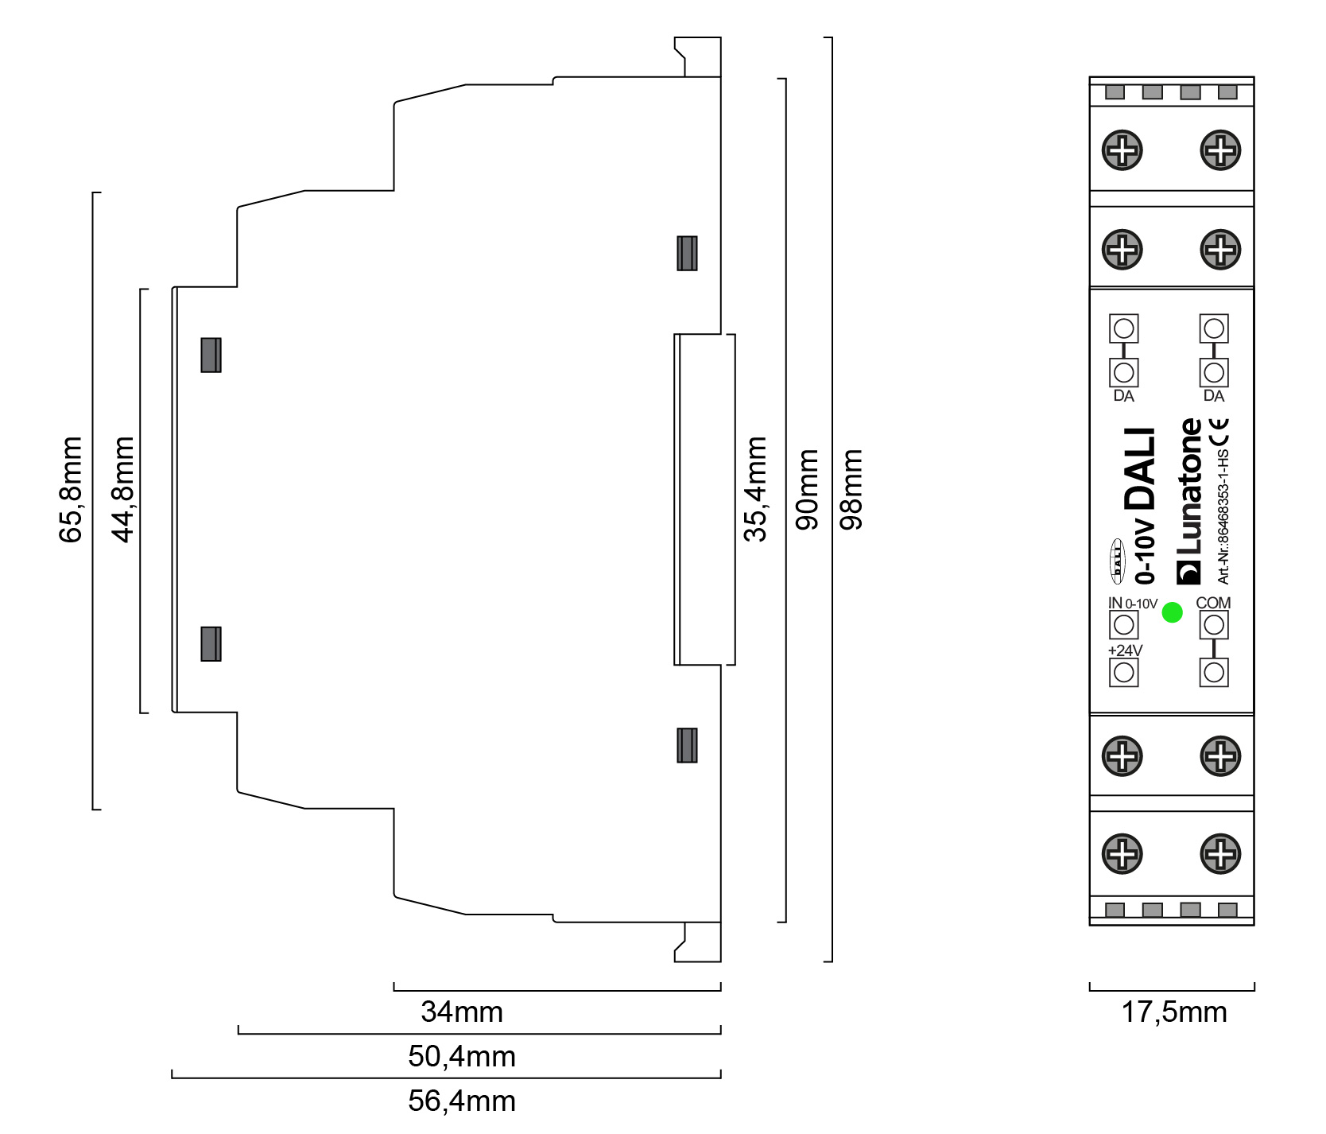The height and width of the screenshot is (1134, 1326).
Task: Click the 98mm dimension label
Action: tap(851, 489)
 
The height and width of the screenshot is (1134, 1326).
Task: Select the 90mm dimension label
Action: tap(807, 489)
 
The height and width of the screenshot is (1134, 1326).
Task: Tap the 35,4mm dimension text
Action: tap(755, 489)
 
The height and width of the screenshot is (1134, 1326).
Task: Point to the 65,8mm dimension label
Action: tap(71, 490)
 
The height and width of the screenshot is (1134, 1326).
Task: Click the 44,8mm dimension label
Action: tap(124, 490)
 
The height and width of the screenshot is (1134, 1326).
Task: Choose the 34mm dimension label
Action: tap(462, 1012)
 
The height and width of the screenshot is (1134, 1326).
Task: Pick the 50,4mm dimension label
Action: tap(462, 1057)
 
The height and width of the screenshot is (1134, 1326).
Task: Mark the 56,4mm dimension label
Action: tap(462, 1101)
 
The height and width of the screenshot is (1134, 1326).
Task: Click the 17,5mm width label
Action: tap(1174, 1012)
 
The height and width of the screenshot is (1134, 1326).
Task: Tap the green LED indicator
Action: tap(1173, 612)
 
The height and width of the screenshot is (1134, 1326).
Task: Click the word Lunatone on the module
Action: tap(1190, 486)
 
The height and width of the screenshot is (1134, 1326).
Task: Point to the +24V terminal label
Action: tap(1125, 650)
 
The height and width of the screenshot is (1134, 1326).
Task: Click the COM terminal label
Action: tap(1213, 603)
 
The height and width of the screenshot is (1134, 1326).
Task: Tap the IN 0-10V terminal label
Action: tap(1133, 604)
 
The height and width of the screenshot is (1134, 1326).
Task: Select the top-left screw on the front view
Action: tap(1122, 150)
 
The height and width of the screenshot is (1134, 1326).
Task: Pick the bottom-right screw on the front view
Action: tap(1221, 854)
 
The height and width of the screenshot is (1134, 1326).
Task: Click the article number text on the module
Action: tap(1223, 517)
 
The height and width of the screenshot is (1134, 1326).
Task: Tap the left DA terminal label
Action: tap(1123, 396)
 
